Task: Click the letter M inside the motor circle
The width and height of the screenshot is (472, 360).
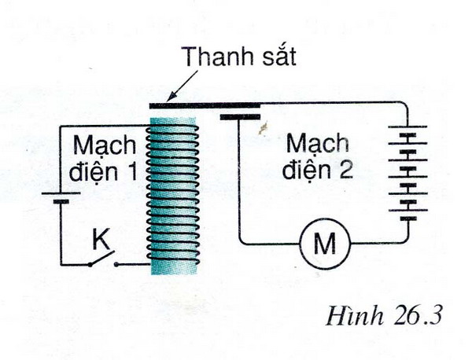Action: click(324, 243)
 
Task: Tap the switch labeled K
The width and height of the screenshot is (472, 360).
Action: click(102, 259)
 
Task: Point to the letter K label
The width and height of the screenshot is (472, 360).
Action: click(101, 240)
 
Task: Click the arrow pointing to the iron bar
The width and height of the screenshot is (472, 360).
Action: click(183, 86)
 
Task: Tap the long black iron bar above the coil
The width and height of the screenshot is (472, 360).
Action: click(205, 105)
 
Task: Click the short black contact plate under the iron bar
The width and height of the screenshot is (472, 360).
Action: click(240, 116)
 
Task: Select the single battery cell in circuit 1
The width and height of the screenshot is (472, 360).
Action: click(61, 197)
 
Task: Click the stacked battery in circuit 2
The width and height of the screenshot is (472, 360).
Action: click(407, 173)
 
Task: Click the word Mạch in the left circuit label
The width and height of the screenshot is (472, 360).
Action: click(105, 146)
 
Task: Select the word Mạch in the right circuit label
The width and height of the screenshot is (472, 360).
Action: click(317, 145)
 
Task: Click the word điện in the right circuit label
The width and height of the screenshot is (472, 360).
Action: click(306, 168)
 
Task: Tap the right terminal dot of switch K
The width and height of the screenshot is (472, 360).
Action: click(116, 264)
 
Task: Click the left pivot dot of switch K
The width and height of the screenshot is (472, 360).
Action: click(90, 265)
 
